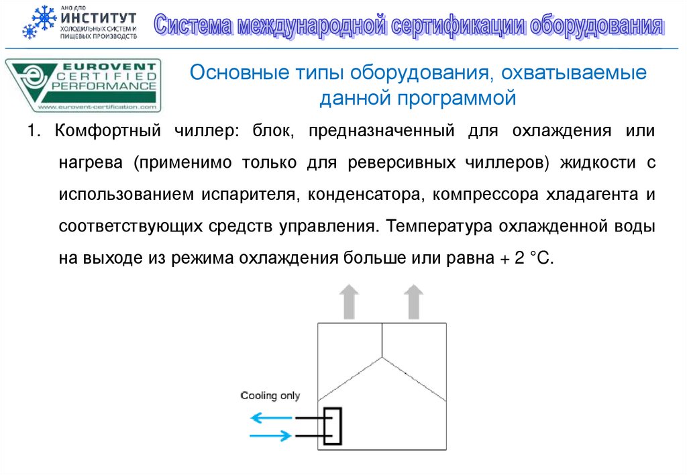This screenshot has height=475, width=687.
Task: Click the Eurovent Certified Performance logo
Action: pyautogui.click(x=84, y=85)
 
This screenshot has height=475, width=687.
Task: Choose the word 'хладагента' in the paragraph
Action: pyautogui.click(x=592, y=195)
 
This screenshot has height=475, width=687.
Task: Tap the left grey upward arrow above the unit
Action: pyautogui.click(x=349, y=301)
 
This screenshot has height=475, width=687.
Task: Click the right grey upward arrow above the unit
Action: pyautogui.click(x=413, y=301)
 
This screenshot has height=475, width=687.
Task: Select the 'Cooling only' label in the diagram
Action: pyautogui.click(x=270, y=396)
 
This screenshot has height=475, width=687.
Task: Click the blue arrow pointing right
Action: pyautogui.click(x=272, y=436)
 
